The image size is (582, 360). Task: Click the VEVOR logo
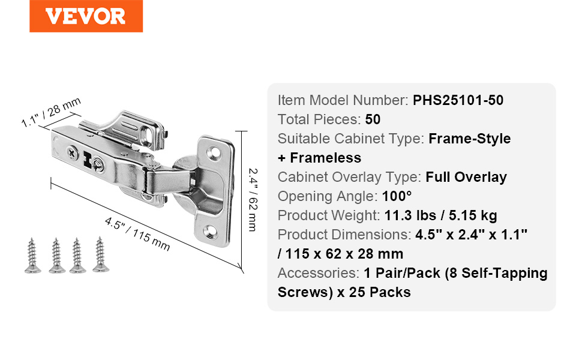point(86,16)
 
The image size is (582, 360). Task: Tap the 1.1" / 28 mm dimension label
point(51,112)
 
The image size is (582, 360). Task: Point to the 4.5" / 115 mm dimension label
point(137,234)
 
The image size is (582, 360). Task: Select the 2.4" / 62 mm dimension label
point(253,200)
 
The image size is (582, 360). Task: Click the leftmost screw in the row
point(32,256)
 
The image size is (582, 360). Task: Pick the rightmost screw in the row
point(101,254)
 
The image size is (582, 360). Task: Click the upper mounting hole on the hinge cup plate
point(214,151)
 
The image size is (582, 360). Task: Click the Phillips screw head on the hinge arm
point(73,152)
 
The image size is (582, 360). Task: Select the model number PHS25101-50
point(458,100)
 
